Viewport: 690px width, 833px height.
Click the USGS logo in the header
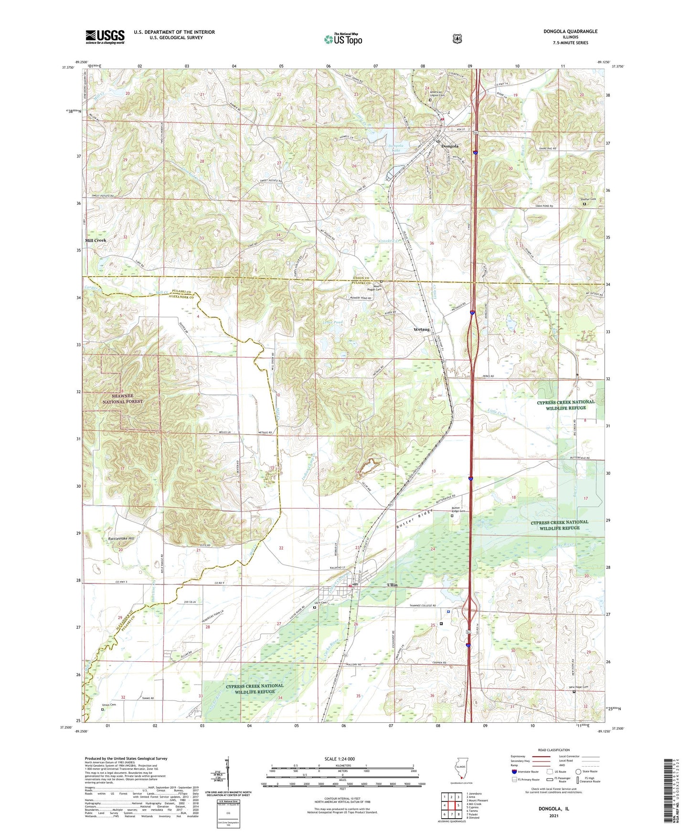(x=105, y=37)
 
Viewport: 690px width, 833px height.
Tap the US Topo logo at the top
(x=343, y=39)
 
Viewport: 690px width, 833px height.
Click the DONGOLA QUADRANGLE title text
(x=570, y=31)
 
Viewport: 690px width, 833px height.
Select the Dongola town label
(x=449, y=146)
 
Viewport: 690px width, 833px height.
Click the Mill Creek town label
(x=96, y=240)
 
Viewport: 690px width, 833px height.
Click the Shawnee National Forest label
(x=123, y=399)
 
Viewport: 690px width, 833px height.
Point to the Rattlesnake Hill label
(x=121, y=538)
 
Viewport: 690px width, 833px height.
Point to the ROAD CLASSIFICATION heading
(x=553, y=750)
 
